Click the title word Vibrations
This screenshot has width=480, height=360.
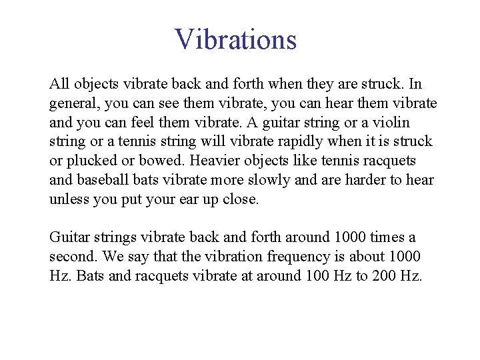(x=235, y=39)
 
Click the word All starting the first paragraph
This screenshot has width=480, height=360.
(x=59, y=85)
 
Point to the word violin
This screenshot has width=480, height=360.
(x=390, y=123)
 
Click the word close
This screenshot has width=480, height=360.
(x=239, y=199)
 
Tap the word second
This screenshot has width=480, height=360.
(x=69, y=257)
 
